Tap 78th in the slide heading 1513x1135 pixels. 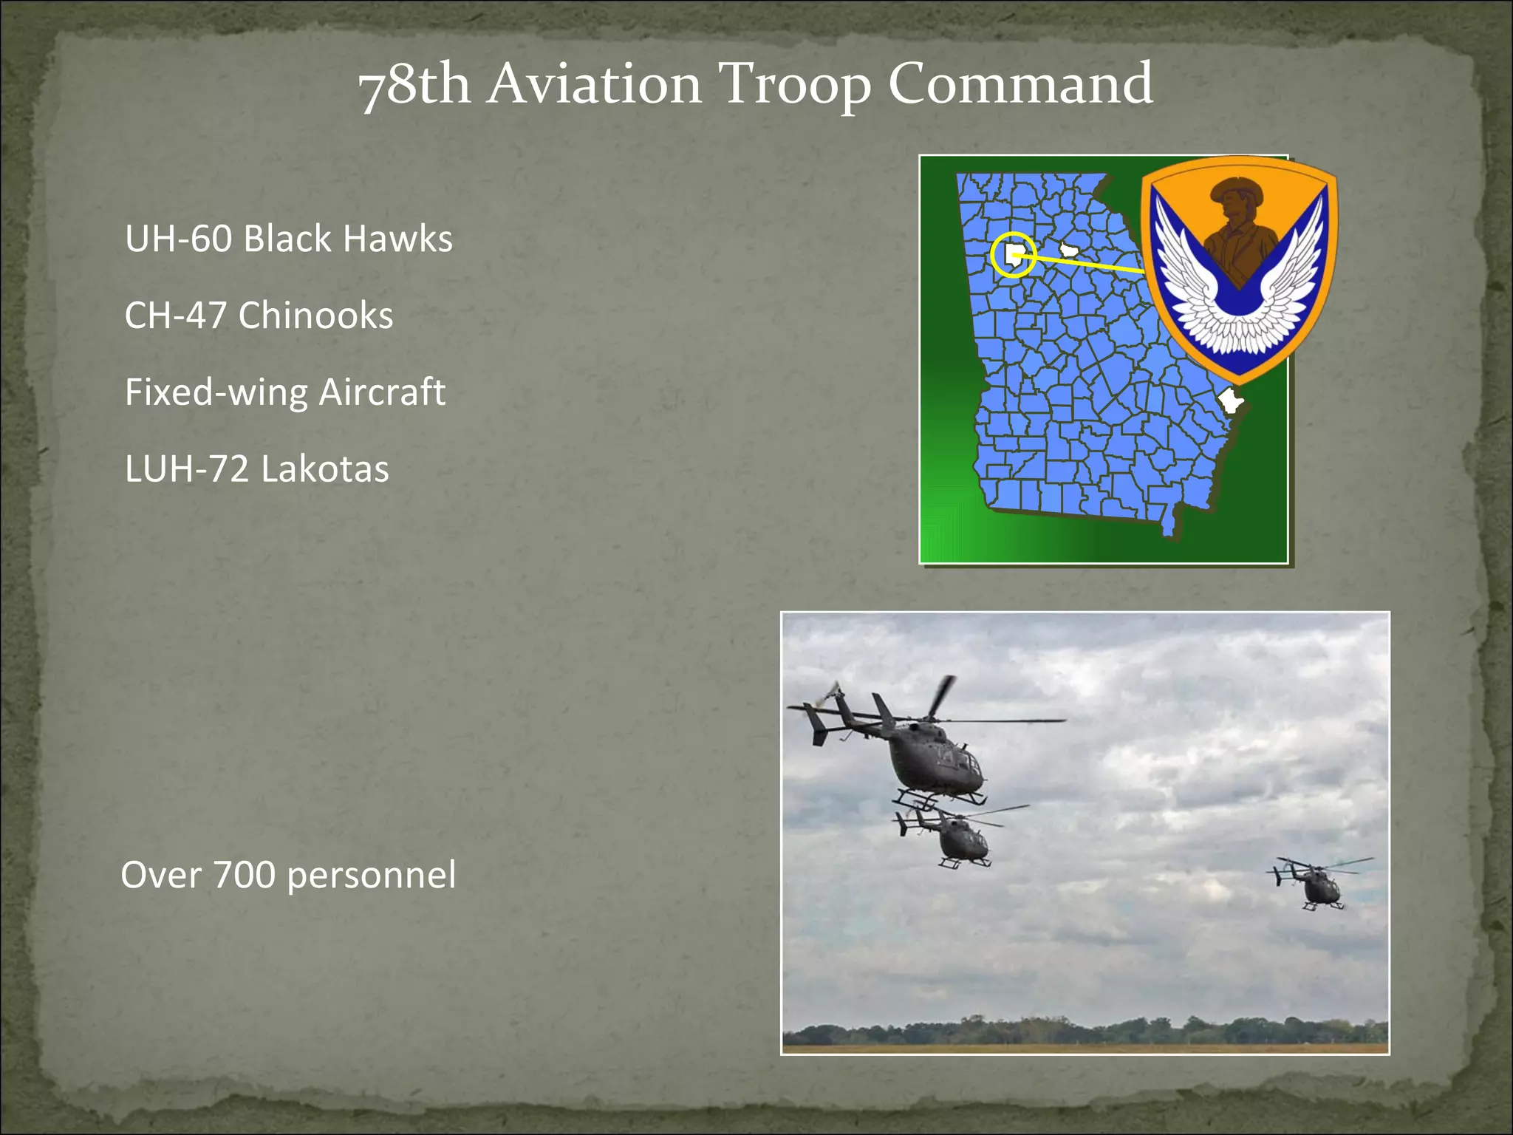(414, 84)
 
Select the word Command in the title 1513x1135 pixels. (1020, 83)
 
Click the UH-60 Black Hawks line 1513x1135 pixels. (288, 239)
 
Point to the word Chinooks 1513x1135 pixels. (315, 316)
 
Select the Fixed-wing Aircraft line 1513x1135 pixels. (284, 392)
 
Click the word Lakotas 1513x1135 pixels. (324, 468)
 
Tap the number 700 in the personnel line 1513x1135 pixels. (244, 875)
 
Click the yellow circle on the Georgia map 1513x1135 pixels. (1013, 256)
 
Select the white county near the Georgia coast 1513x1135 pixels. (1229, 401)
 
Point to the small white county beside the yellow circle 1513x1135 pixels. (1069, 250)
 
